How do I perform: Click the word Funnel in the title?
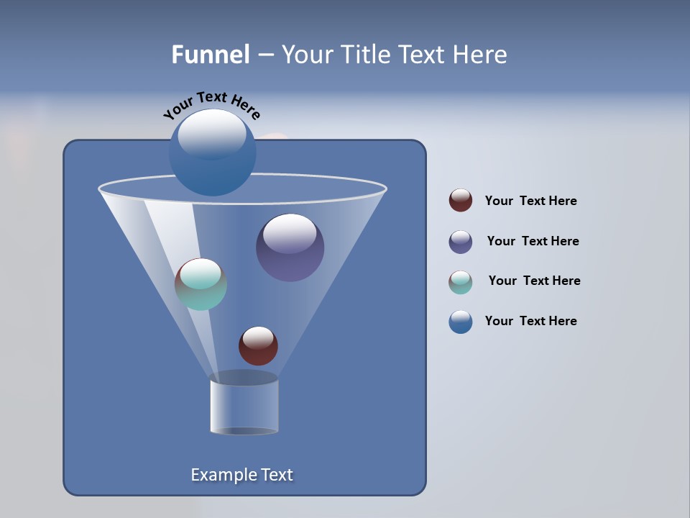[x=211, y=55]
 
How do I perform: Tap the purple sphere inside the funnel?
[x=290, y=248]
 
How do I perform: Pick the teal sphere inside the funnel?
[x=201, y=284]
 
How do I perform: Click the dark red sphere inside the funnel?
[x=258, y=346]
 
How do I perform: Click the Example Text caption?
[x=241, y=475]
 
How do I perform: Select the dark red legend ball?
[x=461, y=200]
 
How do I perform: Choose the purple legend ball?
[x=461, y=241]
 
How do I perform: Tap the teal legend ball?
[x=461, y=281]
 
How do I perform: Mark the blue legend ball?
[x=461, y=322]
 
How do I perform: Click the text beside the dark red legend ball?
[x=530, y=201]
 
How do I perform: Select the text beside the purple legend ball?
[x=533, y=241]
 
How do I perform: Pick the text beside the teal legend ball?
[x=534, y=281]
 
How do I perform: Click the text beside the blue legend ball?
[x=530, y=321]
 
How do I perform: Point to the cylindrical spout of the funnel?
[x=244, y=406]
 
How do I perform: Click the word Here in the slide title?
[x=481, y=55]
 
